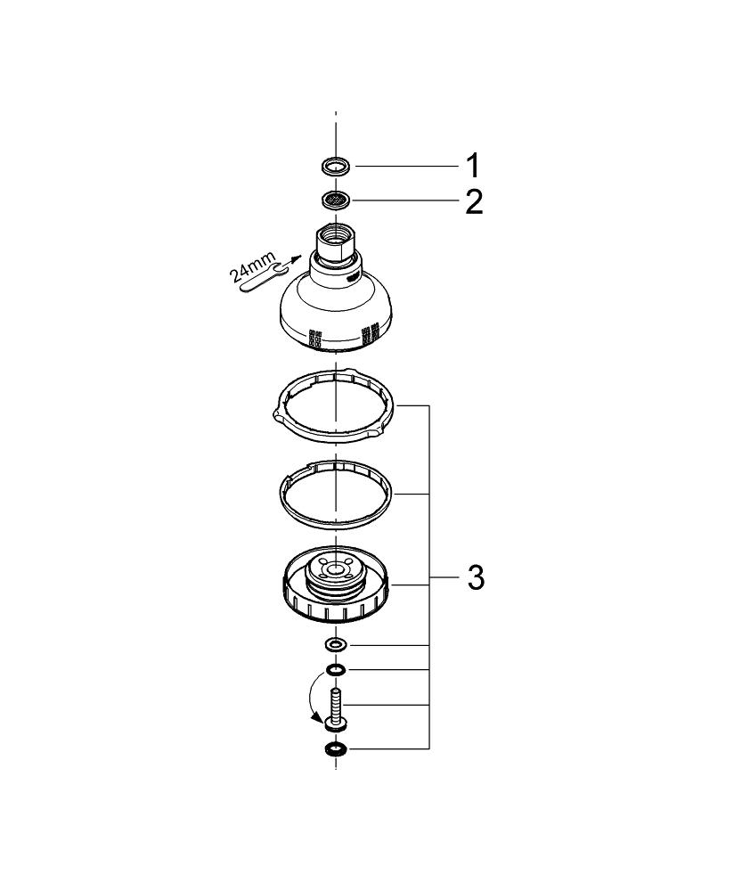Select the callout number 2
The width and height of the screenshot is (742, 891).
472,202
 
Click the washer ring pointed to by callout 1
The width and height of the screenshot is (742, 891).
336,165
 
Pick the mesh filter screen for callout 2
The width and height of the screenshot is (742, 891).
336,200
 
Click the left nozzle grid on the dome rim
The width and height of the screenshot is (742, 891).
314,338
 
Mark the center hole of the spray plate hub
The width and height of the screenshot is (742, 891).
335,570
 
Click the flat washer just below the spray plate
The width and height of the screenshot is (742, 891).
336,643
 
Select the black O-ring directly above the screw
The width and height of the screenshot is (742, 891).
336,670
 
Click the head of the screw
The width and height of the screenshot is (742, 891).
336,721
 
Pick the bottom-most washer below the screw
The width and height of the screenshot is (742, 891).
336,748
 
